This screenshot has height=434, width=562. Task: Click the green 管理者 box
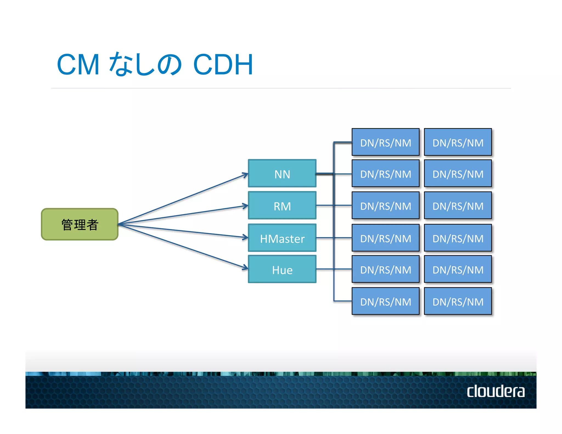pos(80,224)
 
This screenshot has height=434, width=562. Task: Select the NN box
pos(282,174)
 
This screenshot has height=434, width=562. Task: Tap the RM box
pos(282,205)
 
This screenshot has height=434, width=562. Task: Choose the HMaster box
pos(282,238)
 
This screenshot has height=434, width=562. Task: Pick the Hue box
pos(282,269)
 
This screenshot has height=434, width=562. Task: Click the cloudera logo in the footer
pos(496,391)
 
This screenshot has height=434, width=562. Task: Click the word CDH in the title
pos(223,65)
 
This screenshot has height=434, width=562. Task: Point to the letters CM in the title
pos(78,65)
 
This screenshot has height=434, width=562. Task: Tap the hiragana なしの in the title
pos(145,65)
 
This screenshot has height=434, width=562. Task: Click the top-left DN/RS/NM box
pos(386,142)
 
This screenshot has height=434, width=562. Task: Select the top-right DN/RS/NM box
pos(458,142)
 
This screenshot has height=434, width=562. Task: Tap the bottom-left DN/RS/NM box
pos(386,301)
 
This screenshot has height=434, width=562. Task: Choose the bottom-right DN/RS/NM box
pos(458,301)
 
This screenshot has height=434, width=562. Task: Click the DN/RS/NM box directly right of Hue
pos(386,269)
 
